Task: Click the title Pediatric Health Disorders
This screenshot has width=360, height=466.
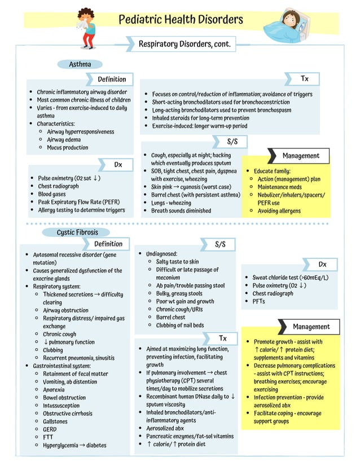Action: point(181,20)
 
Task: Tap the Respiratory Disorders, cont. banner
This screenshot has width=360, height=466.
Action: point(185,44)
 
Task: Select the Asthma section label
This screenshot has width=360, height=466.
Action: point(80,64)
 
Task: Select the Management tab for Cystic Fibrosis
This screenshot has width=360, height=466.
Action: point(311,327)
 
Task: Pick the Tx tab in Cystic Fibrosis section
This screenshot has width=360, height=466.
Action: point(222,338)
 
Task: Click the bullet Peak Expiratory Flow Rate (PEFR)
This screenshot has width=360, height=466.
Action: point(78,202)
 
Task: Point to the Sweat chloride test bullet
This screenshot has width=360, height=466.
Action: point(290,278)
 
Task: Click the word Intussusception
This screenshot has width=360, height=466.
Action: point(61,406)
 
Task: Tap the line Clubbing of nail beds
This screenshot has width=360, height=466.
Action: point(179,325)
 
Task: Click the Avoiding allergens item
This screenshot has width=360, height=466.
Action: point(279,211)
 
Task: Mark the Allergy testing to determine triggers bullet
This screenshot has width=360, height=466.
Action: point(81,210)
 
